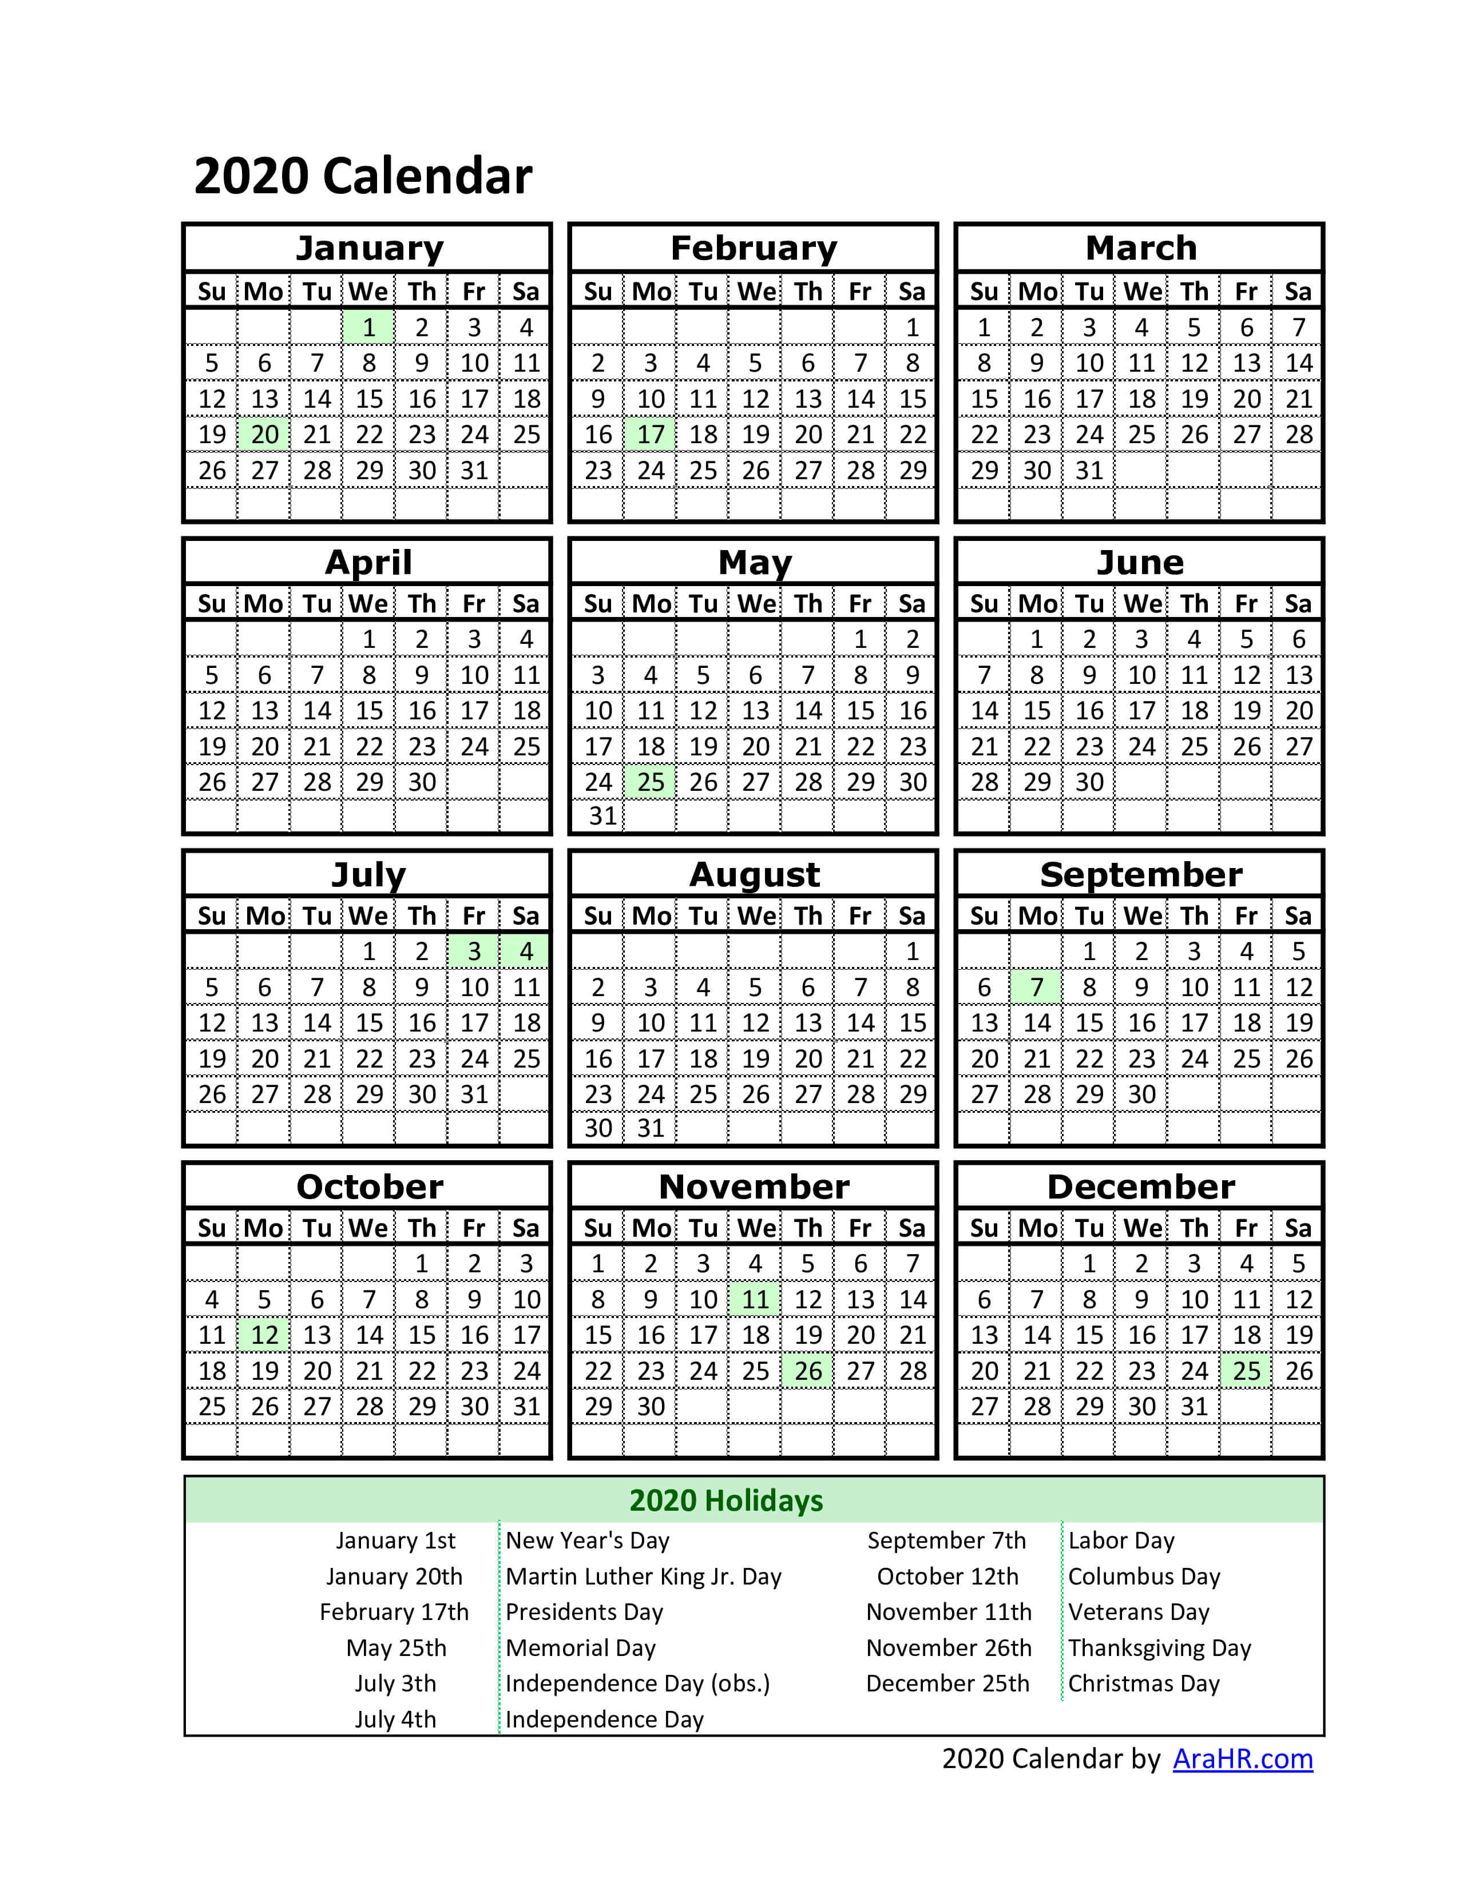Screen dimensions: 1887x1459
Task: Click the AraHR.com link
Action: coord(1242,1758)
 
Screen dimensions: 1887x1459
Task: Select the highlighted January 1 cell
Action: coord(369,328)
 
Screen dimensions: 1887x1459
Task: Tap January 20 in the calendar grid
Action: coord(264,435)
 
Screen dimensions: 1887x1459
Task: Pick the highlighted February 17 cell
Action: coord(650,435)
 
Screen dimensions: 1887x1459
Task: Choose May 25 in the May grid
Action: coord(650,782)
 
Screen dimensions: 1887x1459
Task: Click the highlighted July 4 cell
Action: coord(525,952)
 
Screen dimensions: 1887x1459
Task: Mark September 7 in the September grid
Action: coord(1036,987)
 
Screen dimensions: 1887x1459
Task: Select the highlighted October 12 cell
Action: coord(264,1335)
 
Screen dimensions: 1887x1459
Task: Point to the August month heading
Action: coord(754,874)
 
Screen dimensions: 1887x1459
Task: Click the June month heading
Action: coord(1140,563)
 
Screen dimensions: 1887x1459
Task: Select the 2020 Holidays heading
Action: coord(726,1501)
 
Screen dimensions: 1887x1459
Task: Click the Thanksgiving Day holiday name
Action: coord(1159,1647)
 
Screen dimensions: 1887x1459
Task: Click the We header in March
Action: coord(1142,292)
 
